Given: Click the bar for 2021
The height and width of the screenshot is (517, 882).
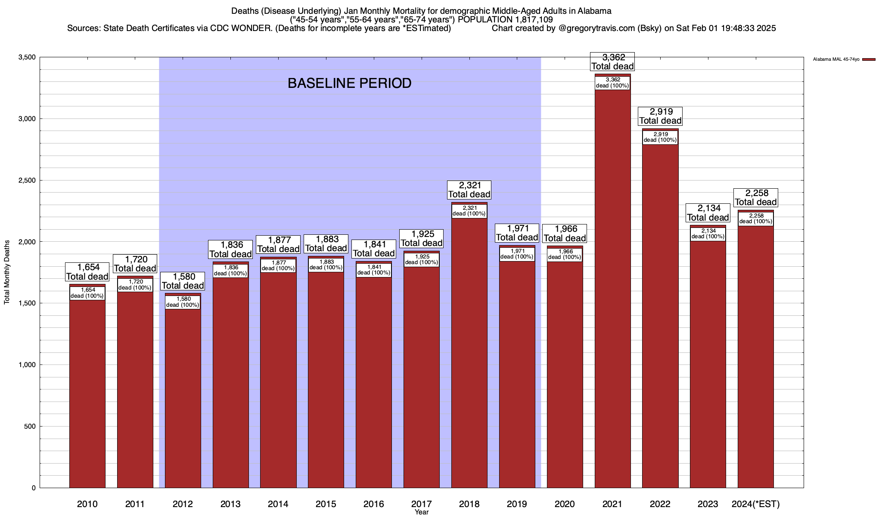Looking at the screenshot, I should (612, 302).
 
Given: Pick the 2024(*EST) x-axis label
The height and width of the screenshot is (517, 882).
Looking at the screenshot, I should (756, 504).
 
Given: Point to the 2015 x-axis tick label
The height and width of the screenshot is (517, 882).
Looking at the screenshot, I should (326, 504).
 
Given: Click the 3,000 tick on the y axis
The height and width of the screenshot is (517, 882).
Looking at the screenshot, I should (27, 119).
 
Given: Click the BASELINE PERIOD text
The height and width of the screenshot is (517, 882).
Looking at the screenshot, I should (349, 83).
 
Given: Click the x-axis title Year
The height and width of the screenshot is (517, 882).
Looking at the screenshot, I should (422, 512).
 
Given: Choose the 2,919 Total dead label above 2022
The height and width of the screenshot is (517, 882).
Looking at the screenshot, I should (660, 116).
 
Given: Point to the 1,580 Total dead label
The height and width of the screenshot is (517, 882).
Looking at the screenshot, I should (183, 281).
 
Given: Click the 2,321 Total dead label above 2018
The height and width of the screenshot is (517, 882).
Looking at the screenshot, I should (469, 190).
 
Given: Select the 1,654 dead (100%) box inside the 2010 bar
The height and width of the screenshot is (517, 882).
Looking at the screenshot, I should (87, 293).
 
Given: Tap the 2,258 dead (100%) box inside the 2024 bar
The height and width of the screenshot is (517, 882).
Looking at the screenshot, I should (756, 219).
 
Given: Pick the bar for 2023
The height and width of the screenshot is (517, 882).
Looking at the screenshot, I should (708, 366).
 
